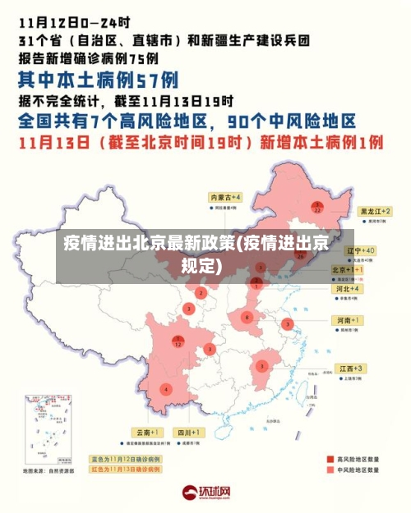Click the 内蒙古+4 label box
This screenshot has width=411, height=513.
pyautogui.click(x=224, y=198)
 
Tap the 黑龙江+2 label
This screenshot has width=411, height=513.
pyautogui.click(x=376, y=211)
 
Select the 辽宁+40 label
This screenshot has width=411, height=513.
pyautogui.click(x=360, y=250)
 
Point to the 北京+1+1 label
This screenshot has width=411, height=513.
pyautogui.click(x=348, y=269)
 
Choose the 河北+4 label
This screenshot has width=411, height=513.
pyautogui.click(x=347, y=289)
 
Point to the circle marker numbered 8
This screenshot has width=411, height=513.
pyautogui.click(x=247, y=317)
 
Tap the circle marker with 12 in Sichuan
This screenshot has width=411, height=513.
pyautogui.click(x=178, y=341)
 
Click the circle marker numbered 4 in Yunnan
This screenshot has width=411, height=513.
pyautogui.click(x=167, y=389)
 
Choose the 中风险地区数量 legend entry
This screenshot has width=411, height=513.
pyautogui.click(x=353, y=470)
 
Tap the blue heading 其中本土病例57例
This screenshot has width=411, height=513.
pyautogui.click(x=99, y=80)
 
